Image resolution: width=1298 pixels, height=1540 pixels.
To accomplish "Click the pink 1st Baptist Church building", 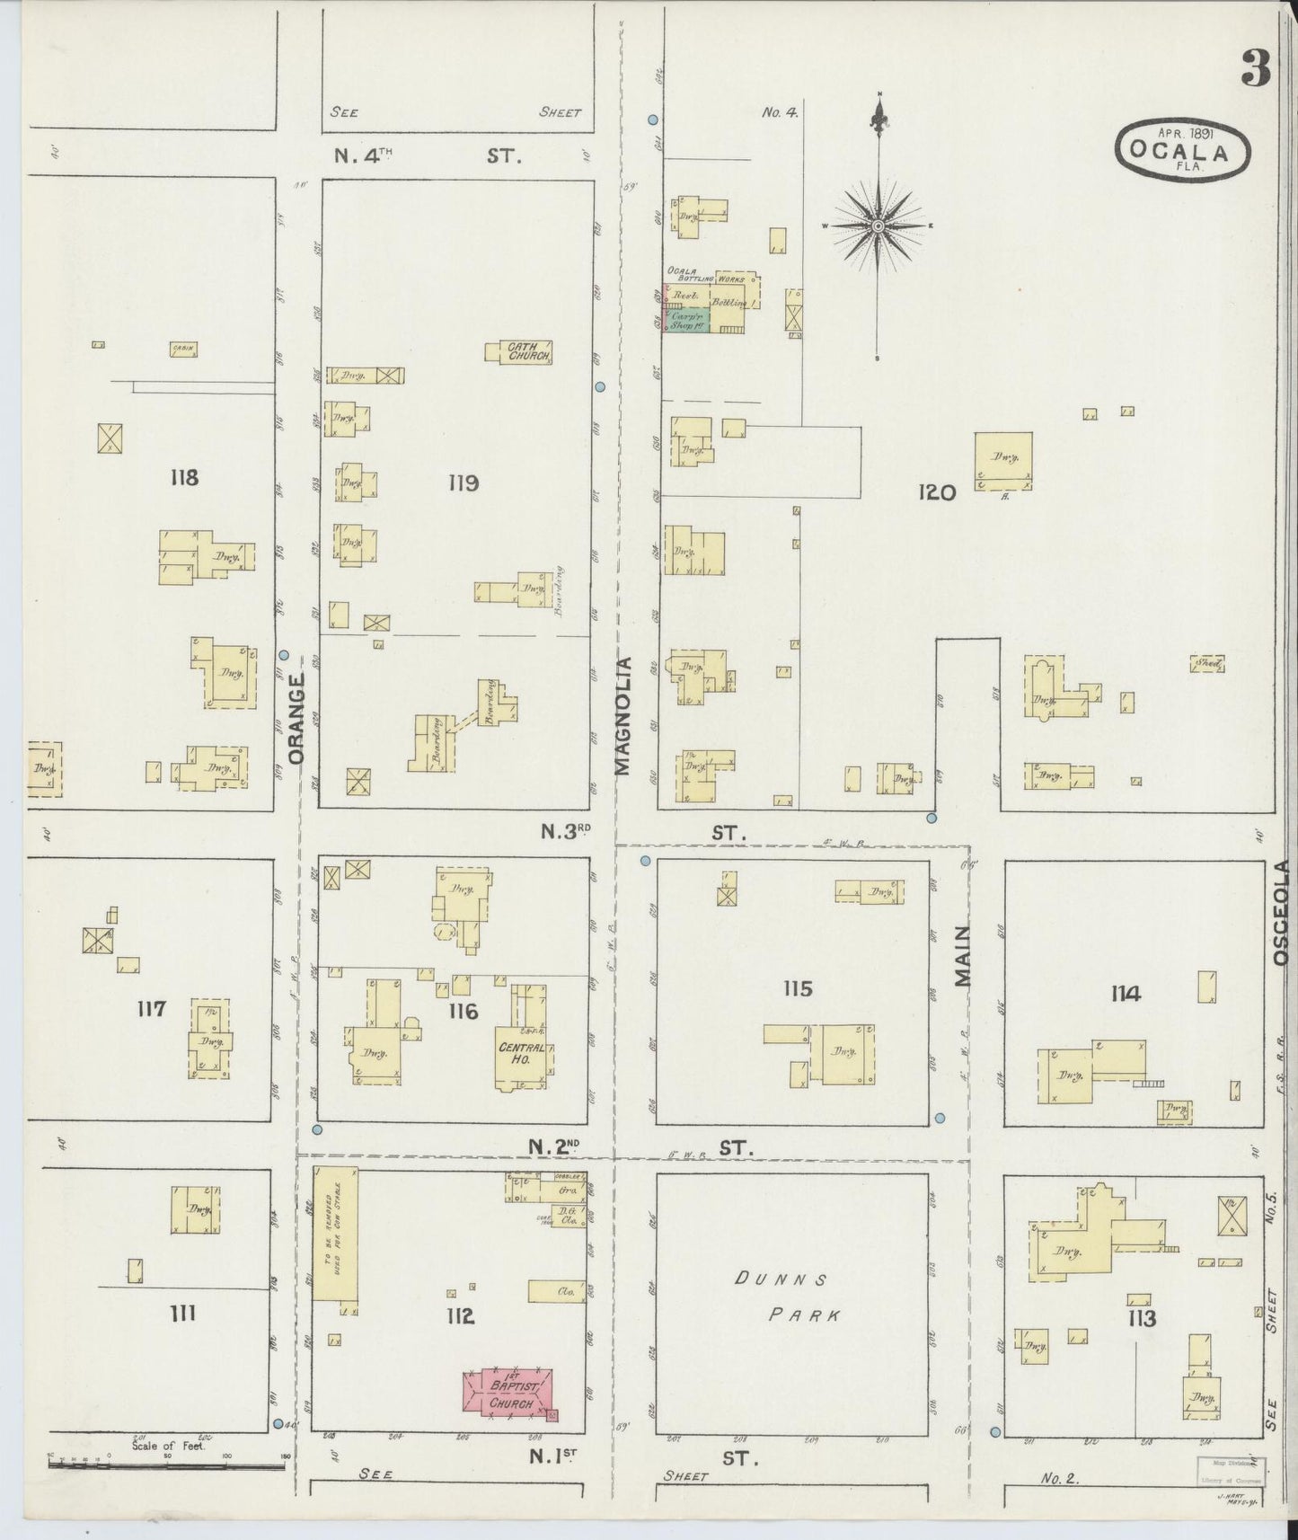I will click(x=508, y=1395).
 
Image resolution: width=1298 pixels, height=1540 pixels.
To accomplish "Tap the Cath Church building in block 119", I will click(x=520, y=351).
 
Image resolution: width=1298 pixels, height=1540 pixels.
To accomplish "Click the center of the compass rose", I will click(x=878, y=225).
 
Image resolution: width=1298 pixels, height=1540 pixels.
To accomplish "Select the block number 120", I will click(x=937, y=491).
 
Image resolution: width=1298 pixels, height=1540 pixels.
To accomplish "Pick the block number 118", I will click(x=183, y=477).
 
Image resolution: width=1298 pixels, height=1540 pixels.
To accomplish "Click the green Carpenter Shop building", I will click(x=686, y=321).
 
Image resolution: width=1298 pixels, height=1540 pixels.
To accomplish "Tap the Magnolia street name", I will click(x=623, y=715).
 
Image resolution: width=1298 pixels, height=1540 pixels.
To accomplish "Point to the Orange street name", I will click(x=299, y=719).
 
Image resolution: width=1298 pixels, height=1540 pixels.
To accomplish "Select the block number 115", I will click(x=797, y=989).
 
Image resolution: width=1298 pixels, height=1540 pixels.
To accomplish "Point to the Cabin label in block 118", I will click(x=183, y=350).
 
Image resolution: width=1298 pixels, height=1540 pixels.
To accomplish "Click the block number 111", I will click(x=182, y=1314).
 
